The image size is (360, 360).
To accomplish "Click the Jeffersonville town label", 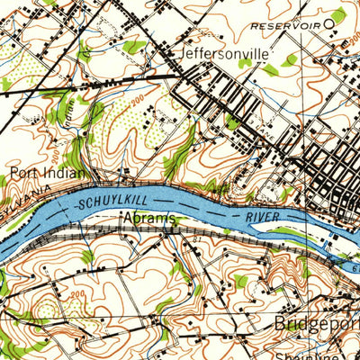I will coord(224,54).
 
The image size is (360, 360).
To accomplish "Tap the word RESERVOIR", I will coord(285,24).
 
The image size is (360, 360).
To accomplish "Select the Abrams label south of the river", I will coord(148,219).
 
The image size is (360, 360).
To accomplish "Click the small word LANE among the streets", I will coord(267,129).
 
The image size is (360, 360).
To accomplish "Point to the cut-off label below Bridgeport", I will coord(329,354).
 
